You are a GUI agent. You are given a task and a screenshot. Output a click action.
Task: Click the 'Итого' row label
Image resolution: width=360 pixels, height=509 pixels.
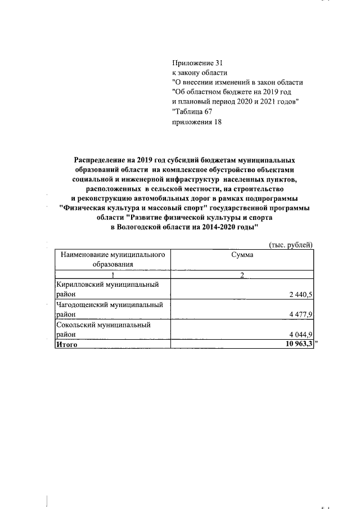coord(66,344)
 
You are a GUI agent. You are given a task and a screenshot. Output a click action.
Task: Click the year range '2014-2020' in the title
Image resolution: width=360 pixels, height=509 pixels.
coord(219,226)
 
